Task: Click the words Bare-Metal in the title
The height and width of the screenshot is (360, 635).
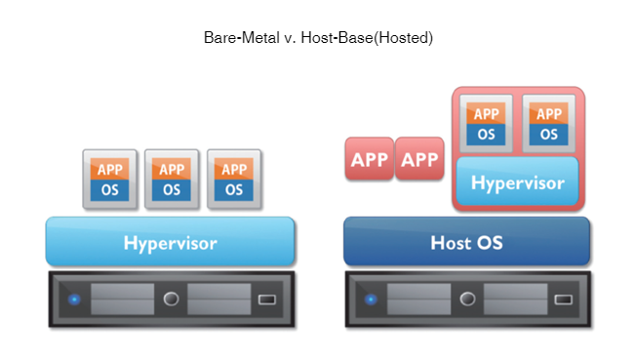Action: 239,38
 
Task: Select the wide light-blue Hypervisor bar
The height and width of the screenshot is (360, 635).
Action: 170,242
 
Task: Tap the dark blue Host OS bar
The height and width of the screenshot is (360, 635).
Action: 467,242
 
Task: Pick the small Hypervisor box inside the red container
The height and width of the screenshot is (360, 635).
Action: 518,182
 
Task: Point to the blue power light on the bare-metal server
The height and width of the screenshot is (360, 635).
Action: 74,299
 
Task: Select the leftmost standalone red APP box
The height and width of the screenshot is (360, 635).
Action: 369,159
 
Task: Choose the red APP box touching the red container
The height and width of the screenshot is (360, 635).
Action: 420,159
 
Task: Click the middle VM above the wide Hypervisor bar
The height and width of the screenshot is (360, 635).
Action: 172,179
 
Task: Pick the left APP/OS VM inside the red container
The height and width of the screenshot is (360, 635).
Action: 486,123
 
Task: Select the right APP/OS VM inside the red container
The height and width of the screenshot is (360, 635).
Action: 549,123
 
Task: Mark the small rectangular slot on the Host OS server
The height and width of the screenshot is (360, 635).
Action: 564,299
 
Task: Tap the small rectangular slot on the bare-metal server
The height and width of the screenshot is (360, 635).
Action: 266,299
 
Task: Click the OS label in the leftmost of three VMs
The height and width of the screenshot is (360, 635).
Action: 109,189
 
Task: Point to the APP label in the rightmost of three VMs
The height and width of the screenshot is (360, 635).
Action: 234,169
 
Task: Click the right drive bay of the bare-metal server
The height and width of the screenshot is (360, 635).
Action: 218,299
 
